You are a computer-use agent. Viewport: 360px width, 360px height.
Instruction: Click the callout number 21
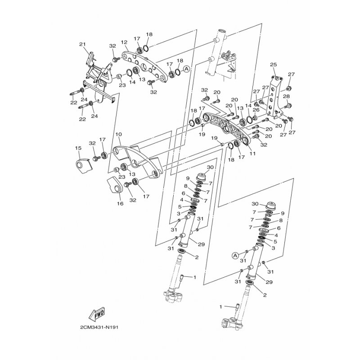tap(82, 44)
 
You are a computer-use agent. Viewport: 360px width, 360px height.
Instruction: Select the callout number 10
tap(118, 135)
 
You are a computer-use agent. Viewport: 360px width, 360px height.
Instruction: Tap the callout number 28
tap(286, 96)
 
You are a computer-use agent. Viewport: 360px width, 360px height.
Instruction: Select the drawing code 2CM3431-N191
tap(99, 328)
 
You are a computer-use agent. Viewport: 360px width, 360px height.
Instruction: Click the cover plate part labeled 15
tap(81, 166)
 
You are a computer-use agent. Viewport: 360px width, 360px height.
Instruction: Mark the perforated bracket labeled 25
tap(273, 92)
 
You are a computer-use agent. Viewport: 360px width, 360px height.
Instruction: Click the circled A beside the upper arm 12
tap(187, 69)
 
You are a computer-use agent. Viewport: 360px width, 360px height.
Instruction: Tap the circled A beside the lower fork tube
tap(235, 255)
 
